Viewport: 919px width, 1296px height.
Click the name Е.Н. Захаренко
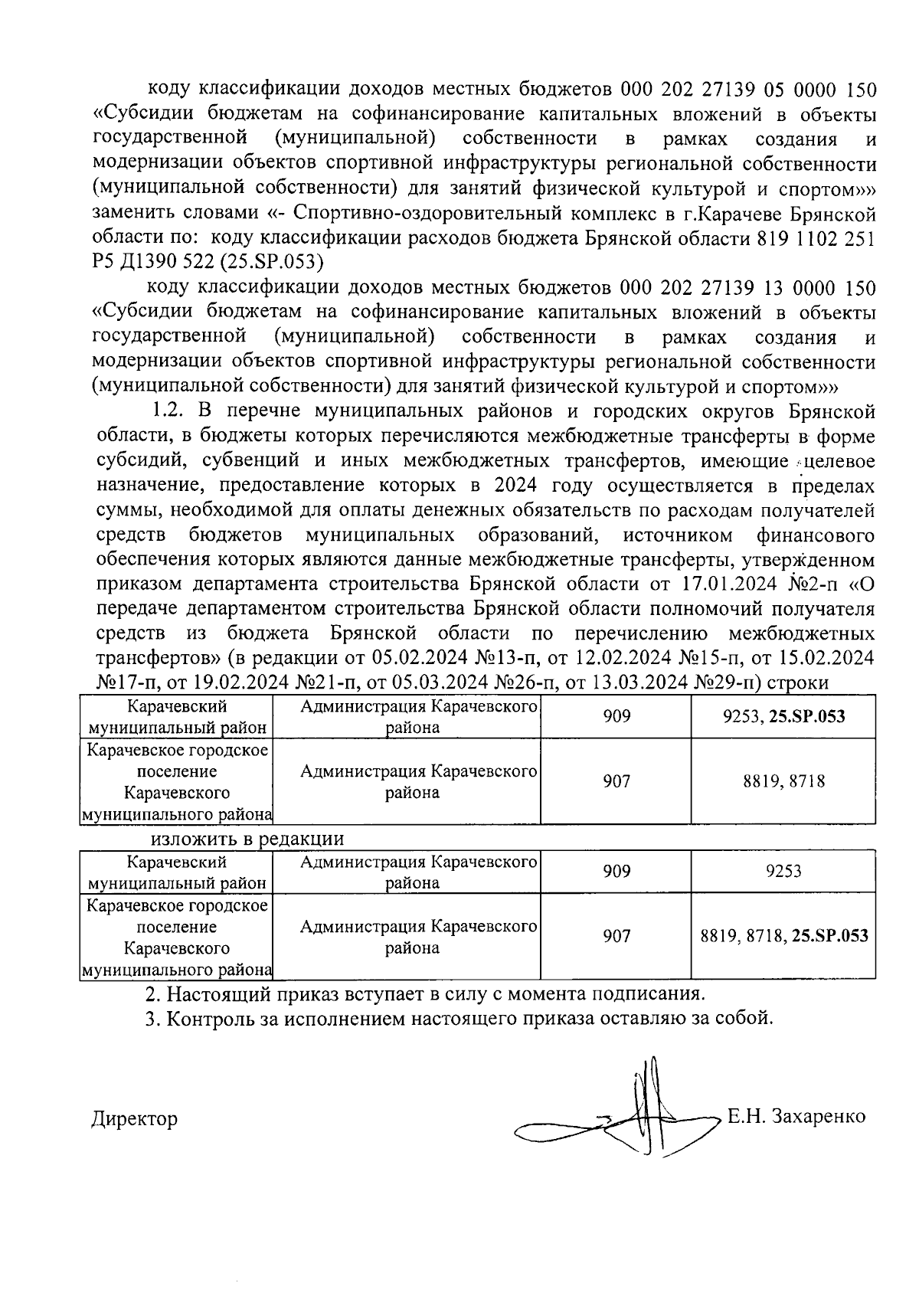(796, 1116)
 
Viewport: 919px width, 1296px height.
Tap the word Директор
(134, 1119)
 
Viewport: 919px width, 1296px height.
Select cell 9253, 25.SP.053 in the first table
(783, 717)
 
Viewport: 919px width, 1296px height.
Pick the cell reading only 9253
(783, 872)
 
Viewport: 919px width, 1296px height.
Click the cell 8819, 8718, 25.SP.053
(783, 936)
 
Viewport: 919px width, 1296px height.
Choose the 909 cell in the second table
(616, 872)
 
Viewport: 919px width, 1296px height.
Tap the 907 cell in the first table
(616, 781)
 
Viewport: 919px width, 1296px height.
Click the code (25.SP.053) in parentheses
(267, 262)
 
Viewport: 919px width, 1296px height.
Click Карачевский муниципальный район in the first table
(177, 717)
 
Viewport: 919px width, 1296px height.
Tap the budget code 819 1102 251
(827, 237)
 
